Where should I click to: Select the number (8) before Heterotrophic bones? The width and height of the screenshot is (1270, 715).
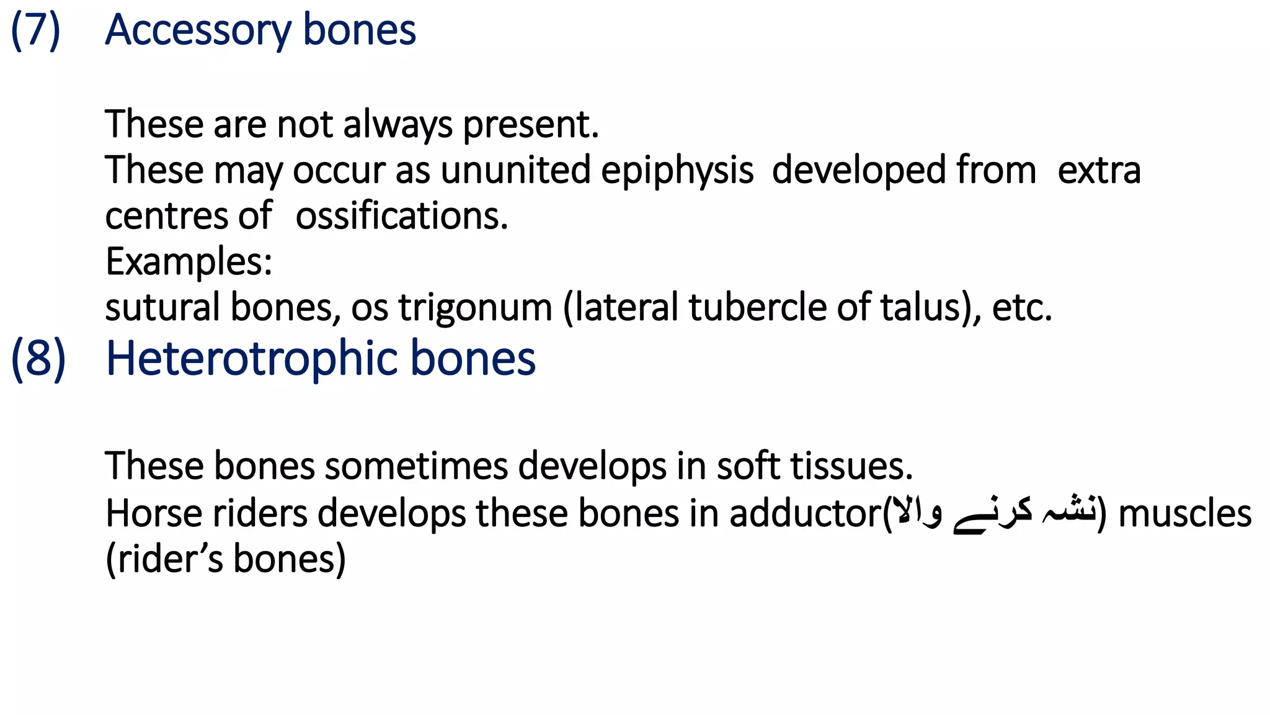(38, 359)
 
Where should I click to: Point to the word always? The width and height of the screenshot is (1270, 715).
(397, 124)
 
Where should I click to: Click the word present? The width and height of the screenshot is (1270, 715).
(531, 124)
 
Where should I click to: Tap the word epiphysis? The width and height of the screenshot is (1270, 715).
(677, 170)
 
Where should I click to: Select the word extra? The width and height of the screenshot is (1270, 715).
(1099, 170)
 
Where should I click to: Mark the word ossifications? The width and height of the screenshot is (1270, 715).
(401, 216)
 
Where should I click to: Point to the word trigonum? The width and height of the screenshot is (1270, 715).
(475, 308)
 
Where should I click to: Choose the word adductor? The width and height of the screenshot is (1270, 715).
(805, 514)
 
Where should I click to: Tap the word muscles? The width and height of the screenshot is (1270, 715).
(1184, 514)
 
